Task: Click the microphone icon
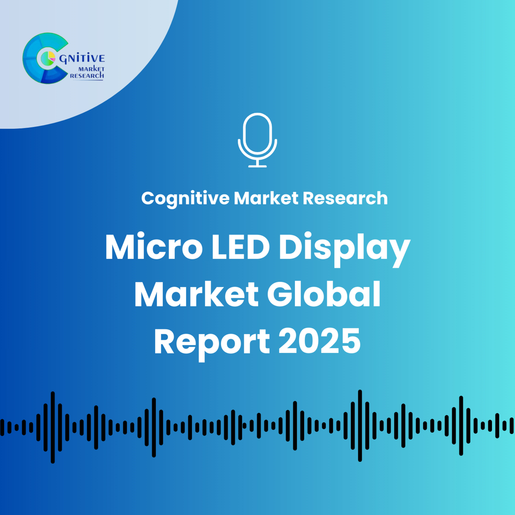pos(257,140)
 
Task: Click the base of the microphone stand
pos(257,166)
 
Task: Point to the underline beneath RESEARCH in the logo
pos(88,80)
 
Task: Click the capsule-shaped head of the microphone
pos(257,133)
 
